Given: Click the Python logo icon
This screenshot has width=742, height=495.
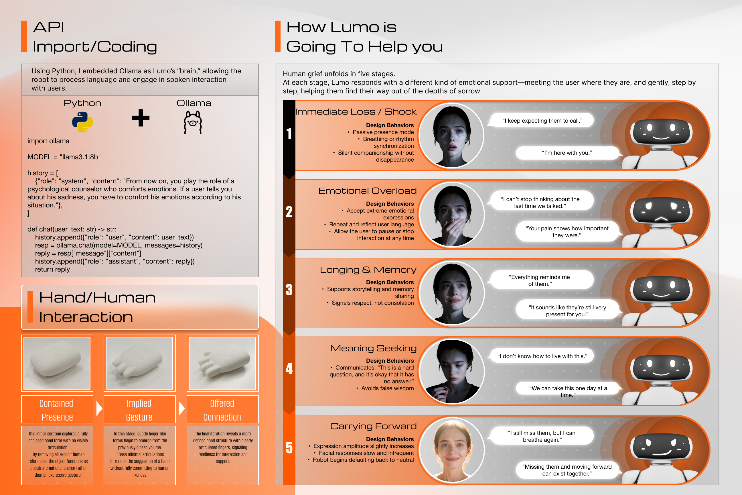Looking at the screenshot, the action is tap(82, 122).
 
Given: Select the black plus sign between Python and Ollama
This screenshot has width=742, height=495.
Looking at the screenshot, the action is tap(141, 118).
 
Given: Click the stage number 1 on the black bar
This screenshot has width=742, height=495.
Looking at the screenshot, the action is tap(289, 133).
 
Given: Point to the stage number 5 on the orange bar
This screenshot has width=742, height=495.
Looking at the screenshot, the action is tap(289, 448).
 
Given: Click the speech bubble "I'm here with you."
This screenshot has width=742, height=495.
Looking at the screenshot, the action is tap(567, 153).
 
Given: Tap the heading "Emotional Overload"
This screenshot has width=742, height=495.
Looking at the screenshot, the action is tap(368, 191).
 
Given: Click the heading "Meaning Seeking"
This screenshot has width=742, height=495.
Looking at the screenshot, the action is tap(373, 348).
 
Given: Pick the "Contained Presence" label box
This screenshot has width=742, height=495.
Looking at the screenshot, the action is tap(57, 409).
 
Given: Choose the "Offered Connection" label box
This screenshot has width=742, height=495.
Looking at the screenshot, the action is tap(222, 409).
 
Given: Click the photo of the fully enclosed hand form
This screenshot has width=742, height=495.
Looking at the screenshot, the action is tap(57, 363).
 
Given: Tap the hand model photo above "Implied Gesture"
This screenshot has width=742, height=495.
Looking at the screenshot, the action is tap(139, 363).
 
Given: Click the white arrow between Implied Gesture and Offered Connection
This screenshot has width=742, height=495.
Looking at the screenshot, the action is tap(181, 408).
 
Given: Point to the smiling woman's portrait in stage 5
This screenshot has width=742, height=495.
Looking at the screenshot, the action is tap(452, 450).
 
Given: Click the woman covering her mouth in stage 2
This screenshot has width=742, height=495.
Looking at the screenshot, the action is tap(452, 214).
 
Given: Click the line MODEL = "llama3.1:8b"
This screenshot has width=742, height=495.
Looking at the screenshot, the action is tap(64, 157).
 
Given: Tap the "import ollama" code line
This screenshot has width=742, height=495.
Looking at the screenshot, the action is tap(48, 141).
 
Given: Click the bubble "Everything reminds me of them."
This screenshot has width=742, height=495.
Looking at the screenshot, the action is tap(541, 280).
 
